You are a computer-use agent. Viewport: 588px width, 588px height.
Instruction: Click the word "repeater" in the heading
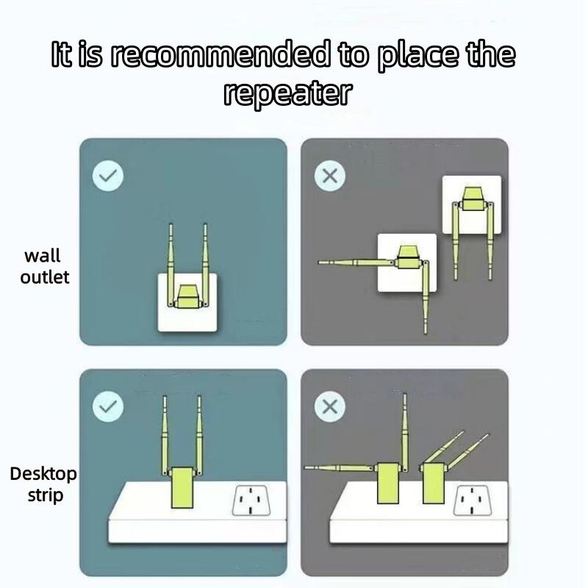point(288,94)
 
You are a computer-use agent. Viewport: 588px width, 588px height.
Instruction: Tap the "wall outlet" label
point(45,267)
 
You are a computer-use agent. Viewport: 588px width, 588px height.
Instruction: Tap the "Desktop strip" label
point(43,484)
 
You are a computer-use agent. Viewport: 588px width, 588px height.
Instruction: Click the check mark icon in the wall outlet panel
point(108,176)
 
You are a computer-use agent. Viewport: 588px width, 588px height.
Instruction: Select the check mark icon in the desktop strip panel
point(108,407)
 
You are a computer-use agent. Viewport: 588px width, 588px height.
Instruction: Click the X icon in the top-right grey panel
point(330,176)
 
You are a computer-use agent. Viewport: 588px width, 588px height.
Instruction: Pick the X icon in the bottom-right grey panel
point(330,407)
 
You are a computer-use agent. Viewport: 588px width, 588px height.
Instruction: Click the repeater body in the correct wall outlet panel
point(187,296)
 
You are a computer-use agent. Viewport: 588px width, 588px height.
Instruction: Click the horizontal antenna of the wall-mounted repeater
point(356,262)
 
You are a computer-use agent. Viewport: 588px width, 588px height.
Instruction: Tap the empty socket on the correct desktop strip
point(251,501)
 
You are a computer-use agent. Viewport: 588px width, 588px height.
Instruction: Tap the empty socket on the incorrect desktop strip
point(473,501)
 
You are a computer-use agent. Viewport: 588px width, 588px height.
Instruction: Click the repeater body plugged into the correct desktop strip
point(182,487)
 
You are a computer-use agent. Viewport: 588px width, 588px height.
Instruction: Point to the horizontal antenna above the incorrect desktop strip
point(339,467)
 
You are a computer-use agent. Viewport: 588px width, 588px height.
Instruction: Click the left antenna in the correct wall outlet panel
point(171,265)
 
